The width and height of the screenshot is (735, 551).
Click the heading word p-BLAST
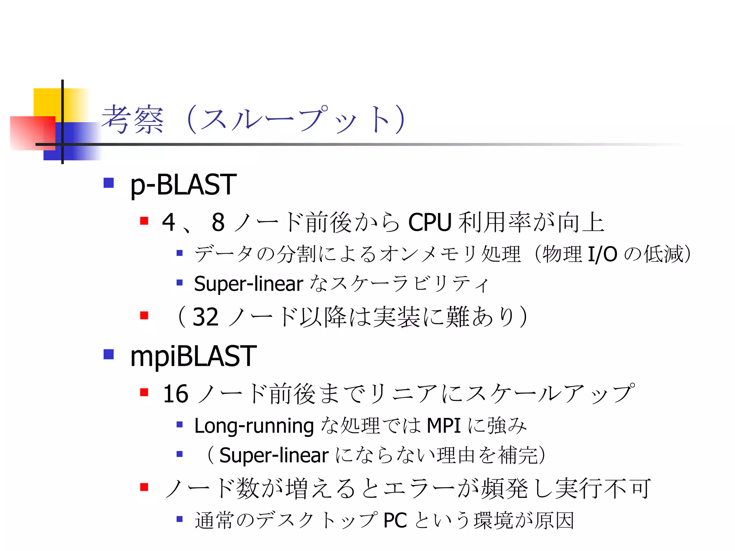click(x=183, y=185)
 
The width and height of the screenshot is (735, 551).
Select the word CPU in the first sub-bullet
click(x=430, y=222)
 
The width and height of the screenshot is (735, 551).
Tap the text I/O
click(x=603, y=254)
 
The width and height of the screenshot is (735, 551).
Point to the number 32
click(x=205, y=317)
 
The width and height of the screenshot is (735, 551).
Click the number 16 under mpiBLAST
click(x=175, y=394)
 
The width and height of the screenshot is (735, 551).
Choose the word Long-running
click(x=254, y=426)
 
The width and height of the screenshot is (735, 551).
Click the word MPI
click(x=444, y=426)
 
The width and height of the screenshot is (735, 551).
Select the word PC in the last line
click(x=395, y=521)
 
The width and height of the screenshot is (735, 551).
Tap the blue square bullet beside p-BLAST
click(x=108, y=183)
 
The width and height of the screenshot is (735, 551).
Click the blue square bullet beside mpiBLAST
click(x=108, y=354)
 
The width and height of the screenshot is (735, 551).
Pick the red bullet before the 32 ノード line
click(x=144, y=315)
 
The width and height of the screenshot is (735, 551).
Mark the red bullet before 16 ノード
click(x=144, y=392)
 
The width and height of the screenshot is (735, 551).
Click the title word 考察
click(x=133, y=120)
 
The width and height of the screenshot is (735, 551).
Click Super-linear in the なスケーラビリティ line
click(x=248, y=284)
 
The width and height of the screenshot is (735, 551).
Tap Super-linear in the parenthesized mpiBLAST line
click(x=274, y=456)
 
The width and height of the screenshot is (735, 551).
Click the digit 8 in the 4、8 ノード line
click(x=218, y=222)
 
